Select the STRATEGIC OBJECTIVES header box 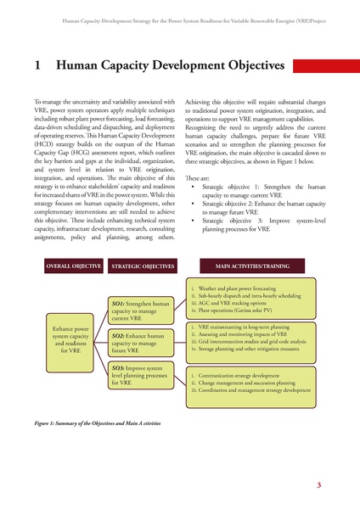[142, 266]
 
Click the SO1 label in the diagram [119, 303]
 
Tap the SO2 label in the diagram [119, 336]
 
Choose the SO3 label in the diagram [119, 369]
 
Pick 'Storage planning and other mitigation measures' [251, 349]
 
